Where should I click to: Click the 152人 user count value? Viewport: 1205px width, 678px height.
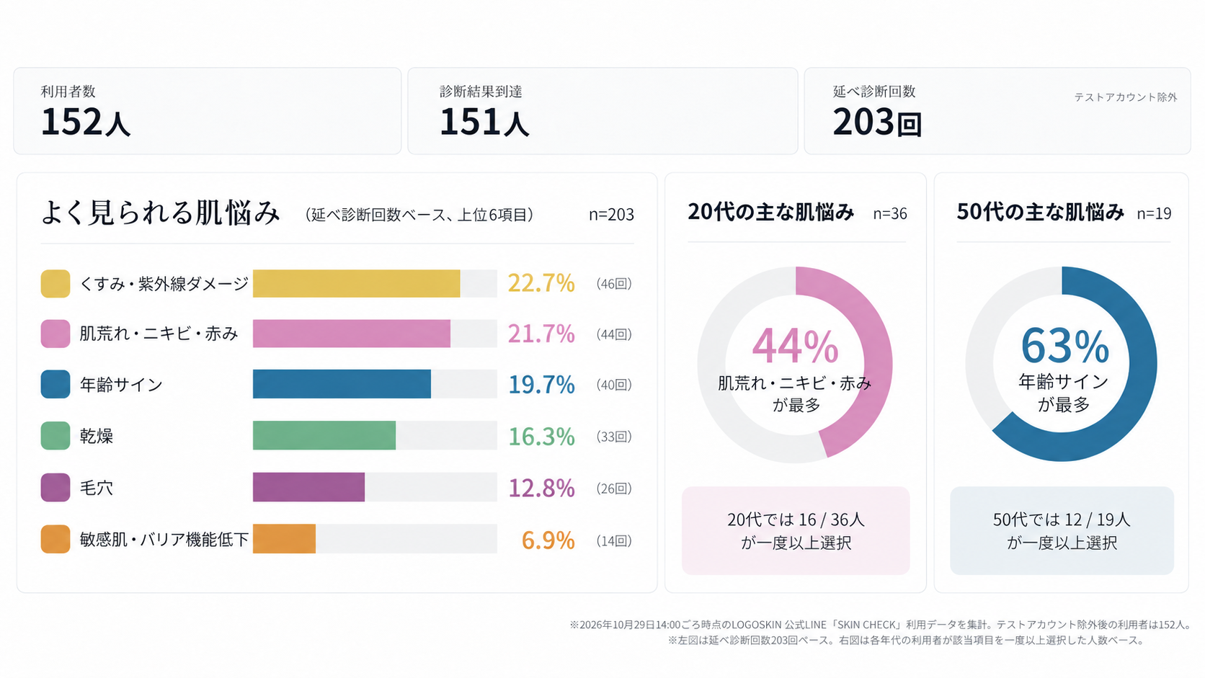[86, 122]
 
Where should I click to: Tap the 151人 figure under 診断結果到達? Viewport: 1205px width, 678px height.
[484, 122]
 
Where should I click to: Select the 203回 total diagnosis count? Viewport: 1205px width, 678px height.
[877, 122]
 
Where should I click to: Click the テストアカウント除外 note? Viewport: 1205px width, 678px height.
[1126, 97]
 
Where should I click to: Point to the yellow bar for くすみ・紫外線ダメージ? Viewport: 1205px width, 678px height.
[356, 283]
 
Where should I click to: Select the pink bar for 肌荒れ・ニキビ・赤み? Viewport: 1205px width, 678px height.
[351, 334]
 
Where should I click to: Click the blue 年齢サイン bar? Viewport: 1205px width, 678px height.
[342, 384]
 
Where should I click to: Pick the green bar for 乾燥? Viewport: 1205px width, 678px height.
[324, 435]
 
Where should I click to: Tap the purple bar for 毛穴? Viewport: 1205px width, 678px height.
[308, 487]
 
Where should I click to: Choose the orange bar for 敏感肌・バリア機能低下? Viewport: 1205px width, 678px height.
[284, 539]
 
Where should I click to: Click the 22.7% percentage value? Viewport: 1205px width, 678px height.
[541, 283]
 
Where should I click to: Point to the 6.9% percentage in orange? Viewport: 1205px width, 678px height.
[548, 540]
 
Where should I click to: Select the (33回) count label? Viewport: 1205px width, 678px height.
[614, 436]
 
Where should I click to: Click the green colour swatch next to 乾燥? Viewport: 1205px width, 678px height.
[55, 435]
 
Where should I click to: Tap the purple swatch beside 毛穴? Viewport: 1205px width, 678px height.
[55, 487]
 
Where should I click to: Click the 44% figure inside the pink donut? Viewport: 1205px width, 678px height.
[795, 347]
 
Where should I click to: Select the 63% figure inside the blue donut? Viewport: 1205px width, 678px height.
[1064, 347]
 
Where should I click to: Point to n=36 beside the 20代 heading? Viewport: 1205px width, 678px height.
[890, 214]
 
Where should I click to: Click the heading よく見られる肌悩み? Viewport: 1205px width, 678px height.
[160, 213]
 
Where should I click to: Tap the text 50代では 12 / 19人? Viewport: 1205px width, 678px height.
[1062, 519]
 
